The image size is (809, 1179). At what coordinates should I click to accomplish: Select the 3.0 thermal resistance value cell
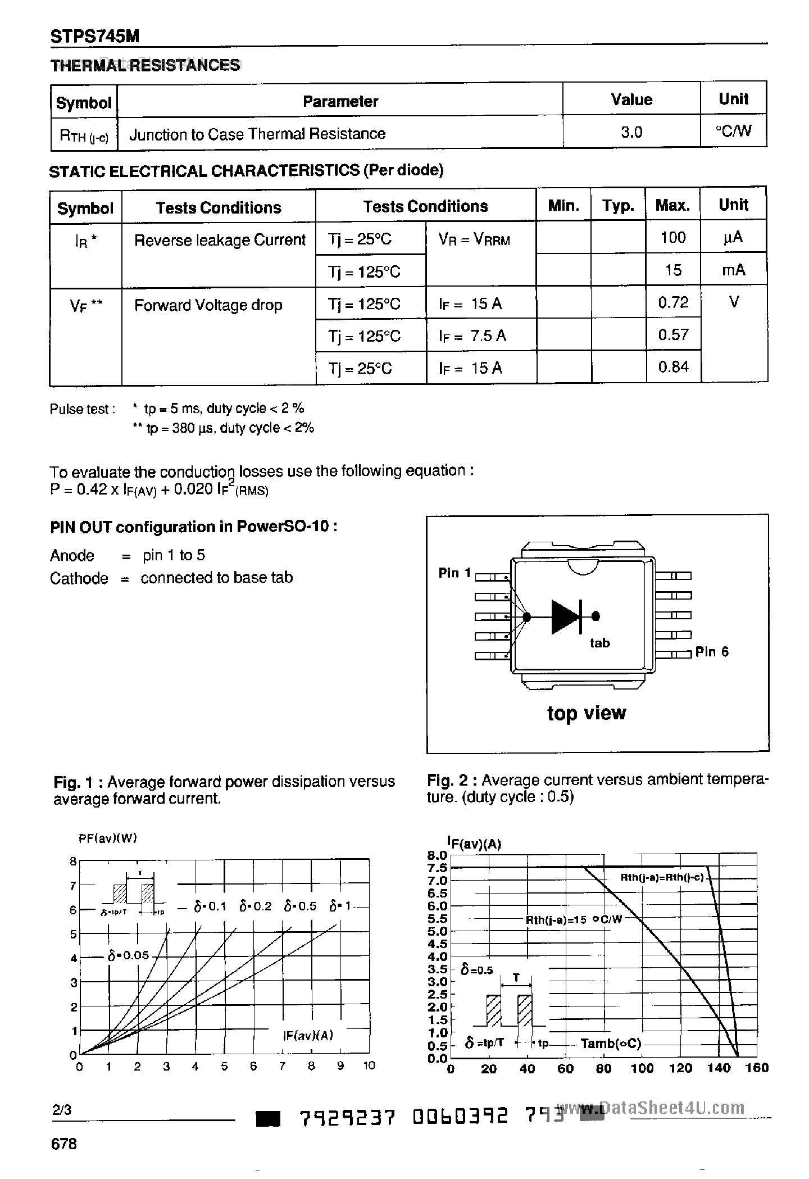click(631, 132)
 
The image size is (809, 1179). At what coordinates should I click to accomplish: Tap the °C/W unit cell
click(733, 131)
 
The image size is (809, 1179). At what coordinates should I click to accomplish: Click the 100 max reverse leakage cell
click(672, 237)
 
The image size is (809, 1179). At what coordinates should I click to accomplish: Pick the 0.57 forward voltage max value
click(672, 335)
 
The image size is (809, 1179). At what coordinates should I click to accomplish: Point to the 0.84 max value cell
click(672, 367)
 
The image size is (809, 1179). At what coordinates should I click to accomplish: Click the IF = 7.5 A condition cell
click(472, 335)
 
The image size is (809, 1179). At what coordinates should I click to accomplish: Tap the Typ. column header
click(618, 206)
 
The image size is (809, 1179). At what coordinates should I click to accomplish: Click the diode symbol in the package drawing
click(566, 617)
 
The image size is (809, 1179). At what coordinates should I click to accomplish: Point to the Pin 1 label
click(455, 573)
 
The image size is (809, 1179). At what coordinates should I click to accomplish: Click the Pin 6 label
click(711, 651)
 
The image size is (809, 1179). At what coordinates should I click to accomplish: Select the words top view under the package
click(586, 713)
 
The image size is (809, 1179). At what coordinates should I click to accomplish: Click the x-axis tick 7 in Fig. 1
click(282, 1066)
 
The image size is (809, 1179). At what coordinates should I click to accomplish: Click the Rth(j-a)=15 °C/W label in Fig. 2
click(574, 920)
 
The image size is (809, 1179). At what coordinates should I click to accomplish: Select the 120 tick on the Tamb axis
click(680, 1068)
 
